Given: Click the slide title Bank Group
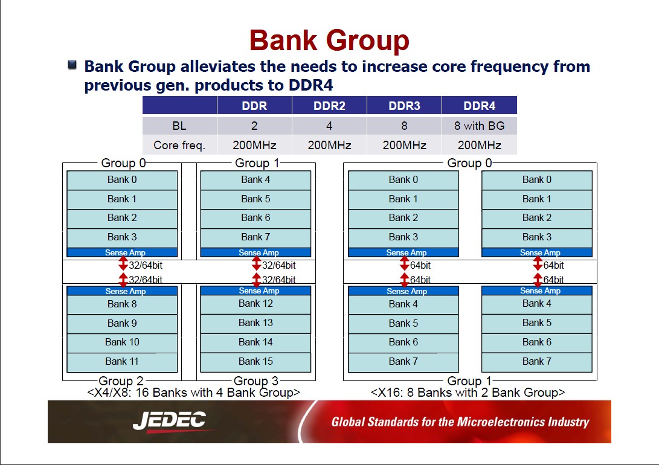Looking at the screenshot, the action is click(x=329, y=40).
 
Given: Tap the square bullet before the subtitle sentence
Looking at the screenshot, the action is click(x=72, y=65).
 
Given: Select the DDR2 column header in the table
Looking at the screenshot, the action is click(x=330, y=106).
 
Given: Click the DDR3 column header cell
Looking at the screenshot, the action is click(x=404, y=106).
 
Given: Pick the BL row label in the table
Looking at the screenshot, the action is click(x=179, y=126).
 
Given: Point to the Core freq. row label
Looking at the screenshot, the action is click(x=179, y=145).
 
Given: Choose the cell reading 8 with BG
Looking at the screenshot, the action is click(x=480, y=126).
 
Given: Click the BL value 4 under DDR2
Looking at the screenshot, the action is click(x=330, y=126).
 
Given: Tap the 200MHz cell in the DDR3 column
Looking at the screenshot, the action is click(x=404, y=145).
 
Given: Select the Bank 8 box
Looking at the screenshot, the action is click(x=122, y=304).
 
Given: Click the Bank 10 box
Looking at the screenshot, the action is click(x=122, y=342).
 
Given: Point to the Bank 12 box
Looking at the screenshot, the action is click(x=256, y=304).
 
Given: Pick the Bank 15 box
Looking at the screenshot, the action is click(x=256, y=362).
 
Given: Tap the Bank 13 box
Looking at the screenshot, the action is click(x=256, y=323).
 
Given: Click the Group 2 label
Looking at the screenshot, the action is click(x=121, y=380).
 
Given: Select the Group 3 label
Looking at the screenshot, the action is click(x=256, y=380).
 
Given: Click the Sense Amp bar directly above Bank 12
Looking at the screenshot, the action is click(x=256, y=290).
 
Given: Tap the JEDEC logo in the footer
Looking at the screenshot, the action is click(x=170, y=420).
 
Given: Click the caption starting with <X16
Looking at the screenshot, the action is click(x=468, y=393).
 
